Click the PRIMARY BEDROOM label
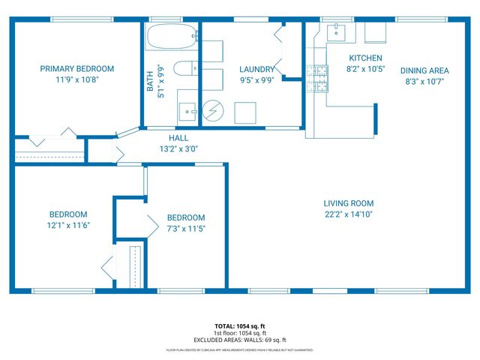pos(77,68)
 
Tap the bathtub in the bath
pos(171,36)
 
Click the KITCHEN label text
pos(365,58)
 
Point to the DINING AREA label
pos(425,70)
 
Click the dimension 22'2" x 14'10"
pos(348,214)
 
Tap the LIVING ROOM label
pos(348,203)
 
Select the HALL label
pos(178,138)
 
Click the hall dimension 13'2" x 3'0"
pos(178,148)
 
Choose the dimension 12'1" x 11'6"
pos(68,225)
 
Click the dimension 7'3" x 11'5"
pos(185,228)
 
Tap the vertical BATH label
pos(151,81)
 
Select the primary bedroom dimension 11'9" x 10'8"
pos(77,79)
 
